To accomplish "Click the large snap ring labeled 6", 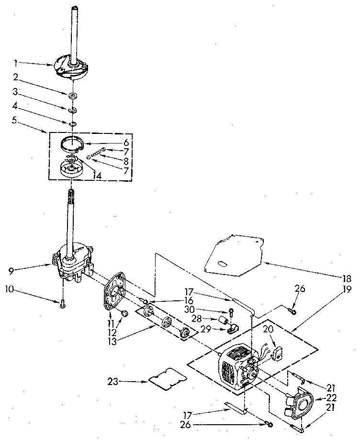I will point(72,143).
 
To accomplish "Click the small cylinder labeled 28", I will point(223,320).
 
